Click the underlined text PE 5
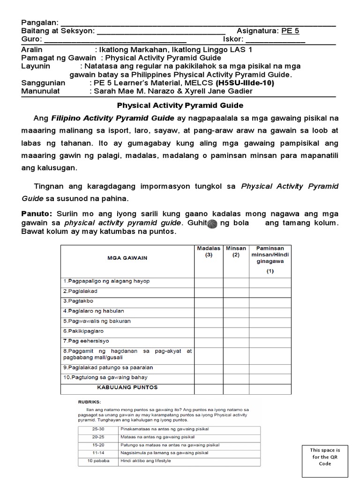(290, 31)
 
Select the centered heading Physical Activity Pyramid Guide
(180, 105)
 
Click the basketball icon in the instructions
(212, 224)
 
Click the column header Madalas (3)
(209, 252)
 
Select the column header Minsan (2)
(236, 252)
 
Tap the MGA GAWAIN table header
(127, 258)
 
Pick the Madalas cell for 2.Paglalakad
(209, 291)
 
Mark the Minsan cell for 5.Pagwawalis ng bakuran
(236, 321)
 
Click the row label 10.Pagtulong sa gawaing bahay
(105, 377)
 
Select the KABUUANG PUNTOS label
(127, 388)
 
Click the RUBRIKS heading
(89, 402)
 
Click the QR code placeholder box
(324, 457)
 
